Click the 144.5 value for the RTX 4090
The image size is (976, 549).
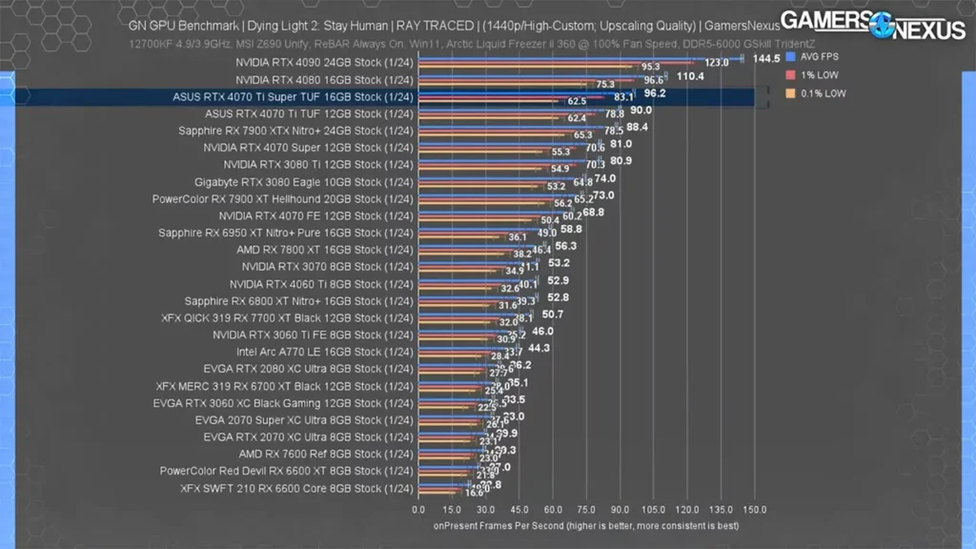tap(765, 59)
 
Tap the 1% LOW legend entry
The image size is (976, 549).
tap(816, 74)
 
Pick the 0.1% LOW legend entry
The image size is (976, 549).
tap(819, 93)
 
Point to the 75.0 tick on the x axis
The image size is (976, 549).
tap(586, 510)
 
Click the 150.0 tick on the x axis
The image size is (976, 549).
tap(754, 510)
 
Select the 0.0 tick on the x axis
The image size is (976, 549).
tap(418, 510)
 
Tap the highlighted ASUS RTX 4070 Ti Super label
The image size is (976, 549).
tap(294, 96)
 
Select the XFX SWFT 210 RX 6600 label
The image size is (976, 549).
tap(296, 489)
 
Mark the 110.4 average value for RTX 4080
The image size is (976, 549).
tap(691, 76)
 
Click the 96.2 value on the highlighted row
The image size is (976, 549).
tap(655, 93)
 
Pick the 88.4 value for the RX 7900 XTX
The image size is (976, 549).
tap(638, 127)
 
